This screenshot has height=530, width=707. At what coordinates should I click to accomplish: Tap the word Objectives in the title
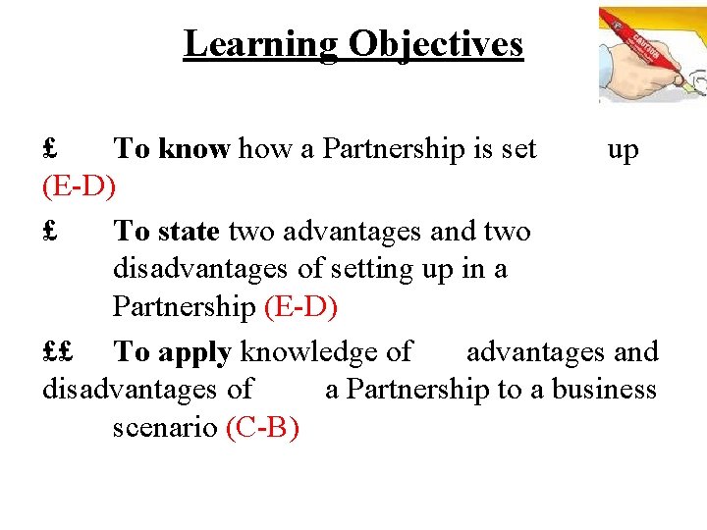[x=434, y=44]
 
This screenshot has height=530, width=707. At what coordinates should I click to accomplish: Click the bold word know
[x=193, y=149]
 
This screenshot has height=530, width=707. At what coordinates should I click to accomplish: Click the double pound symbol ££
[x=60, y=351]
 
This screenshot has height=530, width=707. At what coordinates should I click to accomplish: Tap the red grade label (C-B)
[x=262, y=428]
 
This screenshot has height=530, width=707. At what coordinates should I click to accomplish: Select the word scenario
[x=165, y=429]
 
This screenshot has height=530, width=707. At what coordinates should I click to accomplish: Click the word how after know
[x=259, y=149]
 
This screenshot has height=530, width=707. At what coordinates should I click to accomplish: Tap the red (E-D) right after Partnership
[x=301, y=307]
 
